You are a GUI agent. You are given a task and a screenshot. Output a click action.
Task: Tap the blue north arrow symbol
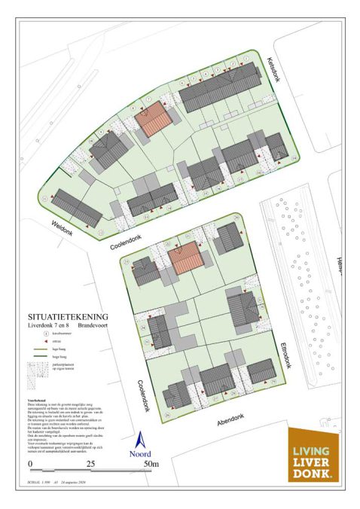[140, 437]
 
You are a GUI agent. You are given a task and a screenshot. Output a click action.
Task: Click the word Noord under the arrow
[140, 453]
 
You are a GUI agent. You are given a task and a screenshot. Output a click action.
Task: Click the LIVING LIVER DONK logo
[315, 453]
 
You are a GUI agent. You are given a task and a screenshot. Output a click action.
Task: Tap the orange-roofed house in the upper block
[154, 119]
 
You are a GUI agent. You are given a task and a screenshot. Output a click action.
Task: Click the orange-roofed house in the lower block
[185, 258]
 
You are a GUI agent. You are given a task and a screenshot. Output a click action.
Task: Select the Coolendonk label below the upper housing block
[123, 241]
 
